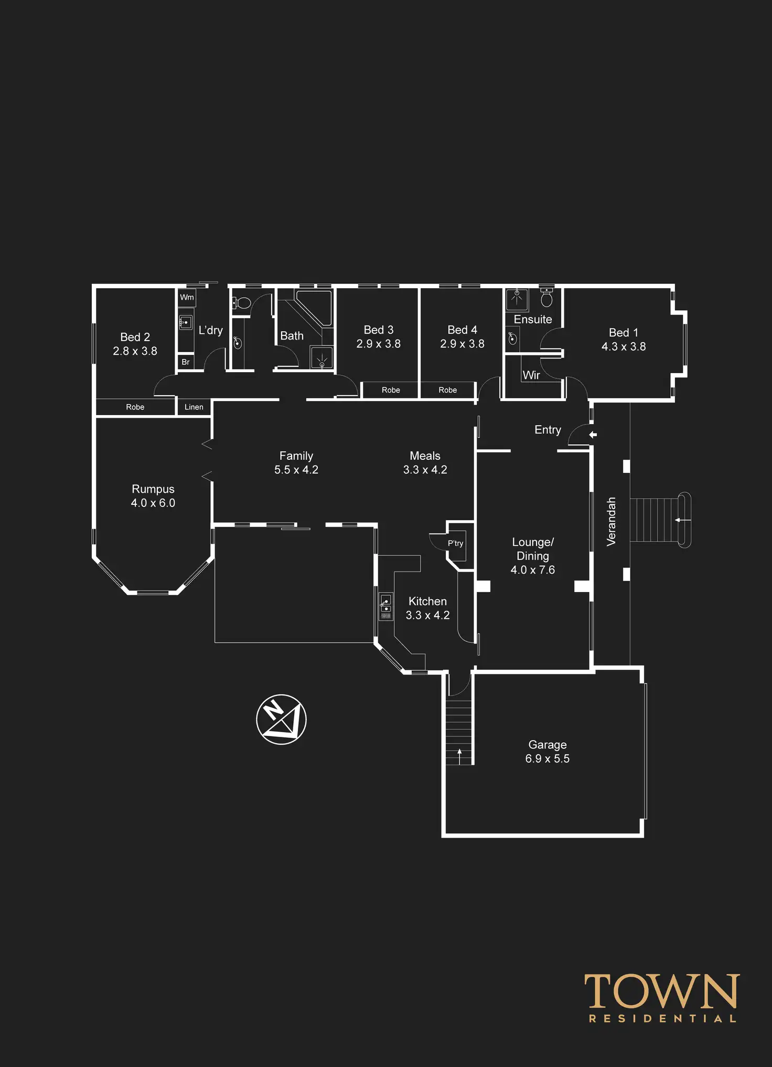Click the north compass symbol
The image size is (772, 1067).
coord(281,719)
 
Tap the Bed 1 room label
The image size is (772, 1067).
coord(623,339)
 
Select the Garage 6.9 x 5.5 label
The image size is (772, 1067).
coord(547,751)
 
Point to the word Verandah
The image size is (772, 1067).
coord(611,522)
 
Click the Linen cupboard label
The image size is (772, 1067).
coord(194,407)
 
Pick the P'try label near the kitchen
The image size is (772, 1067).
coord(455,543)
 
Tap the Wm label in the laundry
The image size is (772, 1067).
coord(187,297)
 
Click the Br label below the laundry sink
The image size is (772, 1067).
coord(185,362)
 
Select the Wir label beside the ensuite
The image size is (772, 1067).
coord(531,375)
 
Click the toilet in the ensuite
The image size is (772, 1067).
coord(546,298)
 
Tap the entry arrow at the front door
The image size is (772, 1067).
coord(593,435)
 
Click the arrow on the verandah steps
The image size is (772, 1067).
coord(682,520)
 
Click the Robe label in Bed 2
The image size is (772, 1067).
coord(135,407)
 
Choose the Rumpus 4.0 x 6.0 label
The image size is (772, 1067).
coord(153,495)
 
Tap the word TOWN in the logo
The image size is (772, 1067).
coord(662,991)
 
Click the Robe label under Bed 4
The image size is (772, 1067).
coord(447,390)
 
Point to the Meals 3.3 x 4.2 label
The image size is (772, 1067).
coord(425,462)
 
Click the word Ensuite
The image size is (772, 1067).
coord(532,319)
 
